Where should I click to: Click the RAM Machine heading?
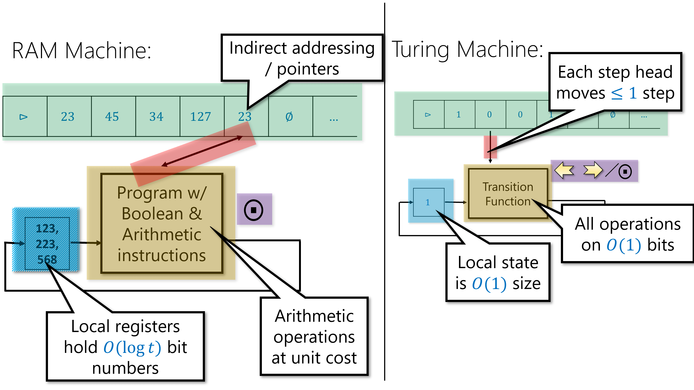click(81, 51)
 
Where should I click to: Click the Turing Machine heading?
click(467, 50)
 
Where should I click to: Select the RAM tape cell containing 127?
click(201, 117)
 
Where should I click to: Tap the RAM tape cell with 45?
click(112, 117)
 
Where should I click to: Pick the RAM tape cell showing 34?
click(156, 117)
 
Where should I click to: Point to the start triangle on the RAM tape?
click(24, 117)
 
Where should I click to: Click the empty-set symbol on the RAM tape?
click(289, 117)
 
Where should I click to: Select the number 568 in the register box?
click(47, 259)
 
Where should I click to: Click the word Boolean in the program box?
click(153, 214)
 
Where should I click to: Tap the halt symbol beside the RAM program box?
click(253, 210)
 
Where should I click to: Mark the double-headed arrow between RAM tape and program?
click(202, 151)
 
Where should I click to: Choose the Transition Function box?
click(508, 194)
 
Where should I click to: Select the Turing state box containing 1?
click(428, 202)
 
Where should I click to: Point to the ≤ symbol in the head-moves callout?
click(617, 94)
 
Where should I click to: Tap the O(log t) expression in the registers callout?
click(132, 347)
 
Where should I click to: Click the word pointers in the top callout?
click(308, 69)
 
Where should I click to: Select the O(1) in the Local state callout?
click(489, 284)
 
